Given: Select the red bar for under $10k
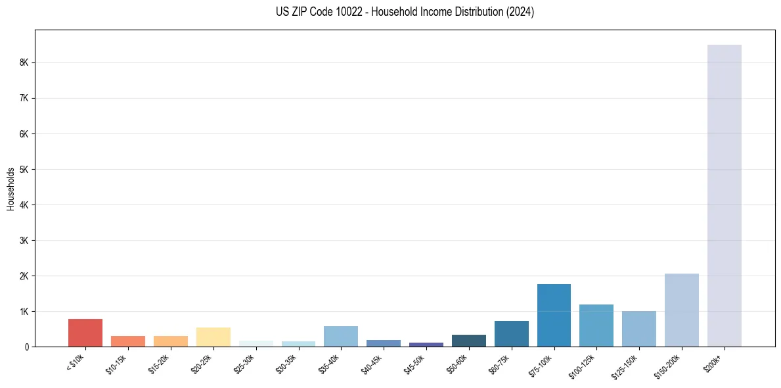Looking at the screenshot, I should click(85, 333).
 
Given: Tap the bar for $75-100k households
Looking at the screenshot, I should click(554, 315).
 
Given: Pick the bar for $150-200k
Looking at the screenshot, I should click(681, 310).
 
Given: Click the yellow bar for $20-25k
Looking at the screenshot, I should click(213, 337).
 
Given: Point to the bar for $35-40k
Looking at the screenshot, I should click(341, 336).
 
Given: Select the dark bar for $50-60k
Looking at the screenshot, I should click(468, 341).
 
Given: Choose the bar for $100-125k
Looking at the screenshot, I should click(596, 326).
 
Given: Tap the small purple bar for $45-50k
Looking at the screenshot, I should click(426, 344).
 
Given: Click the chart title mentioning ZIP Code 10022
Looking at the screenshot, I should click(405, 12).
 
